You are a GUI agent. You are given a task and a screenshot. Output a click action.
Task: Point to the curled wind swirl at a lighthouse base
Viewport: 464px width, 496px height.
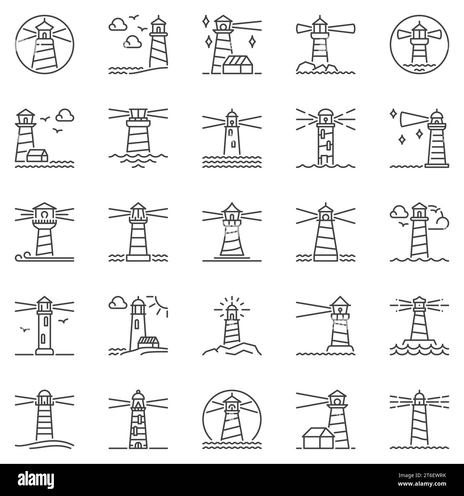(x=21, y=257)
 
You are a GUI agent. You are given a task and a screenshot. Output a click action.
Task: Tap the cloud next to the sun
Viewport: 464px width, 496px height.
(x=117, y=303)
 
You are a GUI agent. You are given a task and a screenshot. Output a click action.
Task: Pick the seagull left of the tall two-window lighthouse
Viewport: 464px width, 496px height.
(x=24, y=329)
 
